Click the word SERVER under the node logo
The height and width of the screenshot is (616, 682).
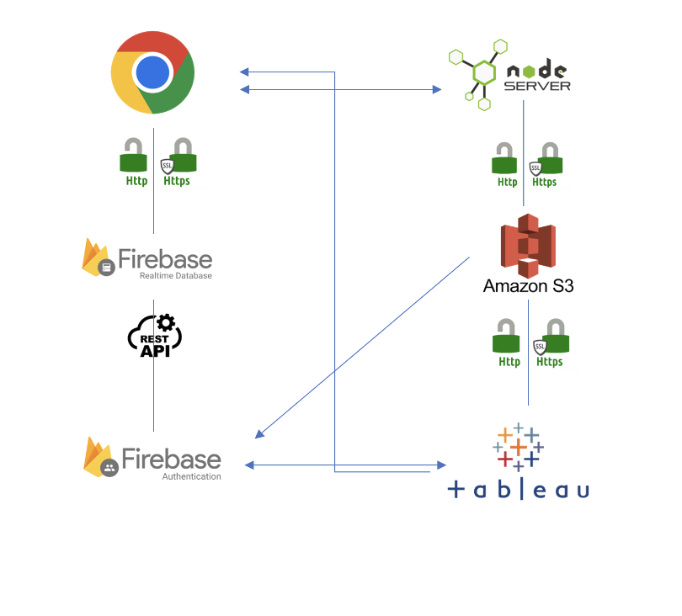(x=537, y=85)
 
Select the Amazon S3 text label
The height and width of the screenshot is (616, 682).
(x=528, y=286)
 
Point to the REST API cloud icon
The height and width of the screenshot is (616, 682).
(x=155, y=335)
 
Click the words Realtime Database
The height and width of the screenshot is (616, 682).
(x=175, y=275)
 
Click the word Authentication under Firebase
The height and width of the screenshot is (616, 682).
(x=191, y=476)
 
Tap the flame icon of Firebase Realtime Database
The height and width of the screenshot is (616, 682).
(x=96, y=257)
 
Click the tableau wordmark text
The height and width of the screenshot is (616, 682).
(x=519, y=489)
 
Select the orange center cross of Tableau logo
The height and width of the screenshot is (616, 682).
(x=519, y=445)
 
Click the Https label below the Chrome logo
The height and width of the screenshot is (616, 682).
(x=177, y=180)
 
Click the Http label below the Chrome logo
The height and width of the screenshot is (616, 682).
(x=136, y=180)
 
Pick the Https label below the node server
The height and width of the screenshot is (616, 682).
(x=544, y=182)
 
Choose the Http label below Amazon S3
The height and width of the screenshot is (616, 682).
(x=509, y=362)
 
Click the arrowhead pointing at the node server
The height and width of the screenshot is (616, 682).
(x=438, y=88)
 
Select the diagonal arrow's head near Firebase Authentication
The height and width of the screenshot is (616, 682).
(x=259, y=435)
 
